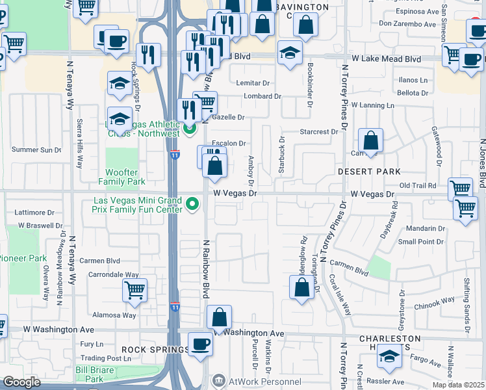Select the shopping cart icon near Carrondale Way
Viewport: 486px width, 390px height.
[x=134, y=290]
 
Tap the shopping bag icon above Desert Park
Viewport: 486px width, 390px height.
[x=370, y=140]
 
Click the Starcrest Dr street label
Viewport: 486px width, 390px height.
[x=318, y=132]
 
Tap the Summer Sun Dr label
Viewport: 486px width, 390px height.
[x=36, y=149]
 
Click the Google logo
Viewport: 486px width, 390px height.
[x=21, y=382]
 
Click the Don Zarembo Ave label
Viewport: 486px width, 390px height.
[x=407, y=24]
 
